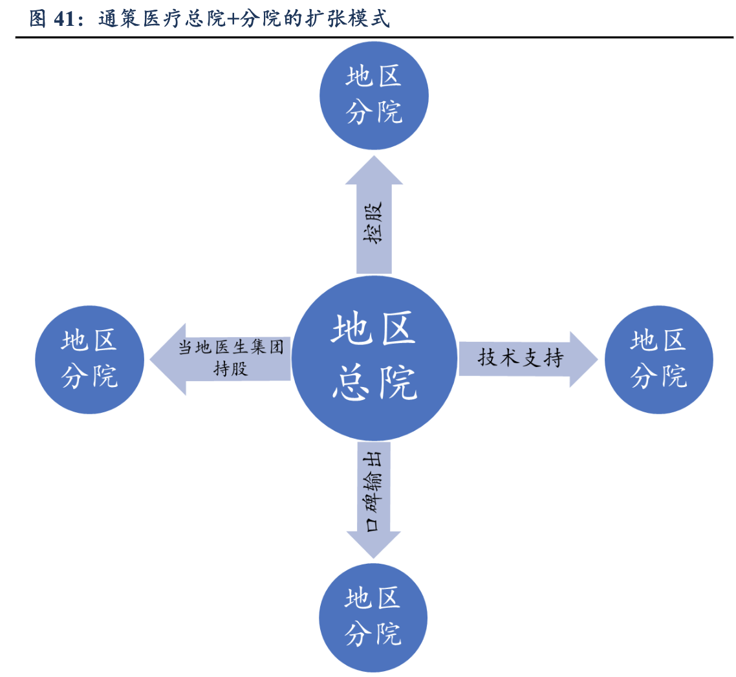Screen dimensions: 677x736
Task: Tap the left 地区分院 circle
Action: point(89,360)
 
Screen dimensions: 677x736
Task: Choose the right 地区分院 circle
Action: point(658,360)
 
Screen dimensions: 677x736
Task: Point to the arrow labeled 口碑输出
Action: point(374,498)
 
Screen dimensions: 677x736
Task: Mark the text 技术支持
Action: point(521,358)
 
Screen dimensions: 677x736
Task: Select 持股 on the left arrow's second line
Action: point(231,369)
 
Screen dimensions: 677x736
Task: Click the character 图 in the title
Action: point(38,19)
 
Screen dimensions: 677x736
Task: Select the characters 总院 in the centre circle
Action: point(374,383)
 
